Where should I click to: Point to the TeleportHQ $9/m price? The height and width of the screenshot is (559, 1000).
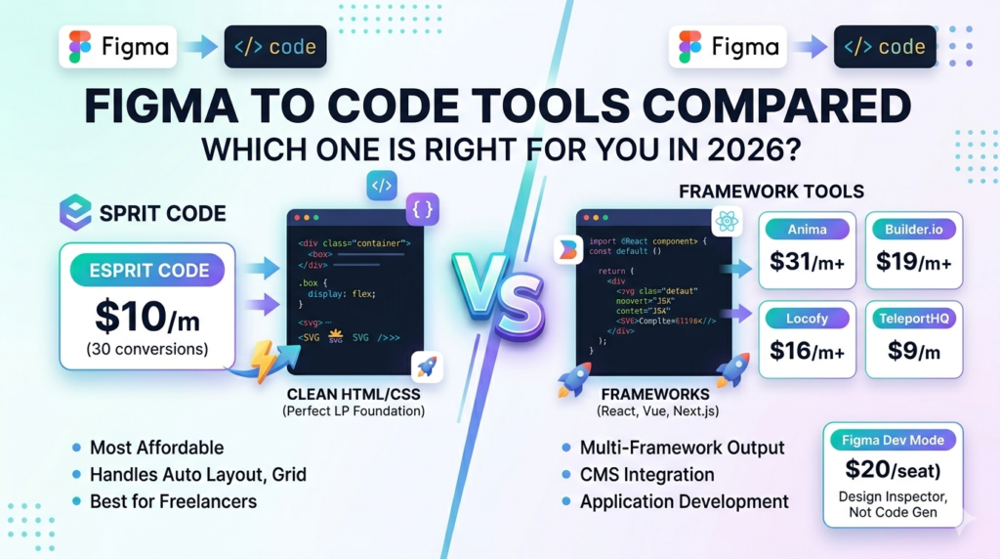913,351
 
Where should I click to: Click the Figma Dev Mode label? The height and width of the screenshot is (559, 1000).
893,440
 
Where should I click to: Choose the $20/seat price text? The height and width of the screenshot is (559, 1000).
893,470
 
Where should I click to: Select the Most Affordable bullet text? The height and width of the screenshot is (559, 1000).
156,448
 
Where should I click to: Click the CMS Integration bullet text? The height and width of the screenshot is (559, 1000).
646,475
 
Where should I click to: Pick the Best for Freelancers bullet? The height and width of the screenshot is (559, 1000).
173,501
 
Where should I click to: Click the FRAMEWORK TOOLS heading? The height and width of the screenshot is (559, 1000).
771,192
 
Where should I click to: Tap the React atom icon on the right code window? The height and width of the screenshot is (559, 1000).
727,222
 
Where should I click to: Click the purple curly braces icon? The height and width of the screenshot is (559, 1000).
423,208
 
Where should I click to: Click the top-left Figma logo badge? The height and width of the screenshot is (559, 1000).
118,47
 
